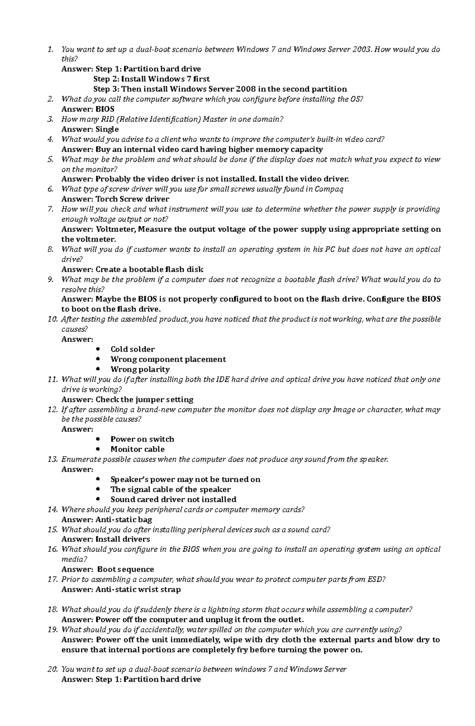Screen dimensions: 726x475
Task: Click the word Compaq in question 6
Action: click(329, 189)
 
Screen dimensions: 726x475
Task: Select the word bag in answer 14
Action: click(145, 519)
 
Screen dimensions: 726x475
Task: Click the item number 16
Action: click(53, 549)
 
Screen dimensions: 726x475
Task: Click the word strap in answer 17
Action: click(169, 590)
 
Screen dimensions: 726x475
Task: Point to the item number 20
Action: click(53, 669)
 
